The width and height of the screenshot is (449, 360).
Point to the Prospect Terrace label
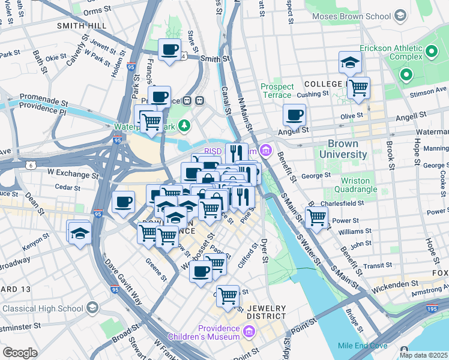(277, 91)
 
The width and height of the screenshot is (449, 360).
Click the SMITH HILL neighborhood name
(82, 26)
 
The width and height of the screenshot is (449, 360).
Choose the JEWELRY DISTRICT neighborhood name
(266, 312)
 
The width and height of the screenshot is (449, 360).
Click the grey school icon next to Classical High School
(92, 308)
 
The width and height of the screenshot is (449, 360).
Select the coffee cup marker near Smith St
(169, 50)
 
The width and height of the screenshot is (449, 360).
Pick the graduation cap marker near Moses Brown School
(349, 62)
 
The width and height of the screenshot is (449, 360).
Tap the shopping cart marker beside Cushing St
(358, 88)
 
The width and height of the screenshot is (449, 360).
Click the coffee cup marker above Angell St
(294, 115)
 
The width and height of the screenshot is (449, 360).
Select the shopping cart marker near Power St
(316, 217)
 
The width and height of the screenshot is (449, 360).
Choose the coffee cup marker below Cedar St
(124, 202)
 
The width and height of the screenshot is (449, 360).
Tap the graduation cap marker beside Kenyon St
(79, 233)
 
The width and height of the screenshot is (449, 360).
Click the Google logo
(19, 353)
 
